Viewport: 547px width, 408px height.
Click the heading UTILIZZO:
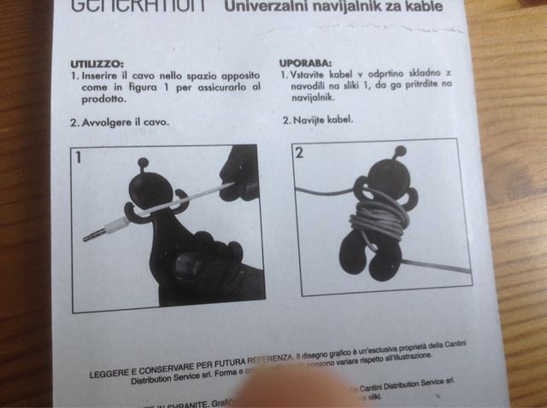[x=97, y=63]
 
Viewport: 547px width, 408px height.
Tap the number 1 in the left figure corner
[x=78, y=156]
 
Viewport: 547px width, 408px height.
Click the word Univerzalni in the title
[x=272, y=9]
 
